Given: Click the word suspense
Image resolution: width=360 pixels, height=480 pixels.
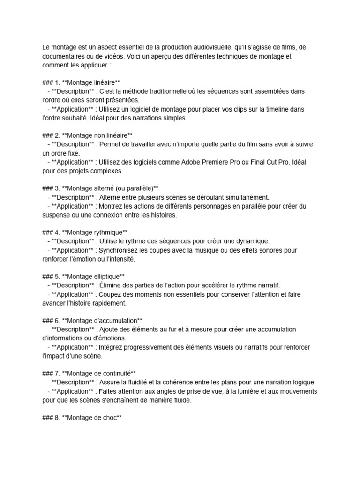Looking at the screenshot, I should pos(57,215).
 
